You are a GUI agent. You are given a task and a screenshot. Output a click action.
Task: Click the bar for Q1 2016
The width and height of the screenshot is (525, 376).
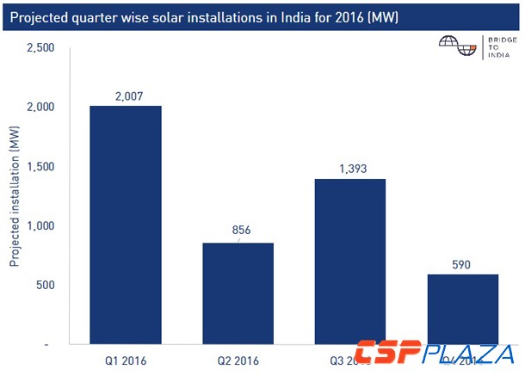point(126,225)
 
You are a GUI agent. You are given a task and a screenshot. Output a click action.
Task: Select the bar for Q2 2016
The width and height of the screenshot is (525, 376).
point(238,293)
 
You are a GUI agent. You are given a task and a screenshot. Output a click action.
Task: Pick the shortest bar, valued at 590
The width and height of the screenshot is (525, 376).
point(464,309)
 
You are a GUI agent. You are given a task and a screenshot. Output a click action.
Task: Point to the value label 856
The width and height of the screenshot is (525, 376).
point(238,231)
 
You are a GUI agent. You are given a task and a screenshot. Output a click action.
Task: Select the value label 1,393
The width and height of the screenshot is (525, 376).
point(350,168)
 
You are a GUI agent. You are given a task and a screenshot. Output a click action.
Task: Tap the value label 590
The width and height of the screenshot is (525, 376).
point(464,263)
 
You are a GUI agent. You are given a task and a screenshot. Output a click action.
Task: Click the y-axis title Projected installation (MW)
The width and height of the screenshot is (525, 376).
point(15,196)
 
